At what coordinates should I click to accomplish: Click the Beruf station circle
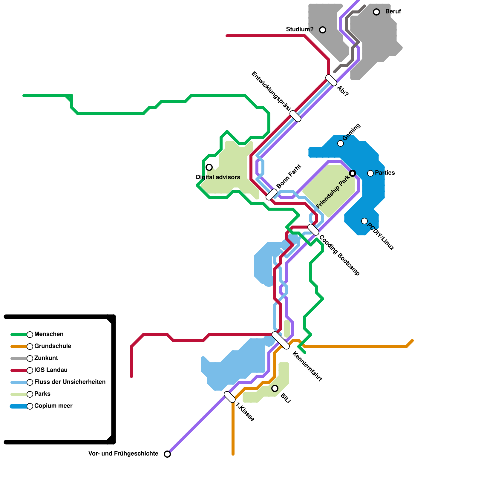376,12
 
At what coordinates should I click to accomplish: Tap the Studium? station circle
323,30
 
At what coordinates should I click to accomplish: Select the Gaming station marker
341,143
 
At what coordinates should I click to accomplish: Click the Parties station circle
370,173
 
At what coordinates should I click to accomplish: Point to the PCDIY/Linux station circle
364,221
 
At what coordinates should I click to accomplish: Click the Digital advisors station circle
209,167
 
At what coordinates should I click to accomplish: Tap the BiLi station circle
275,388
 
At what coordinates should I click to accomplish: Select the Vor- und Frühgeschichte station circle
167,454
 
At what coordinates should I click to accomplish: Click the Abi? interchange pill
331,80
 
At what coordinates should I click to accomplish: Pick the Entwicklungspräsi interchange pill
295,116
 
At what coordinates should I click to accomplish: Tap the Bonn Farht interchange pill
272,194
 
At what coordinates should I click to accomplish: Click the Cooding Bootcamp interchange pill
313,229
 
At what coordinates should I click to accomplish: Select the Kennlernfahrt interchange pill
281,340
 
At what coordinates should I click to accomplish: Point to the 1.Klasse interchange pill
230,397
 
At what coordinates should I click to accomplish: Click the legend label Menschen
49,334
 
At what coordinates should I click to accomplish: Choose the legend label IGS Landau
51,370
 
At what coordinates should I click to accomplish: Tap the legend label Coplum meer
53,406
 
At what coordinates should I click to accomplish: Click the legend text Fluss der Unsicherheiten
70,382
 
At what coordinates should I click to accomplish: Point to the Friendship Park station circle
353,173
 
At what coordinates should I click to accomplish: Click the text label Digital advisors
218,177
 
